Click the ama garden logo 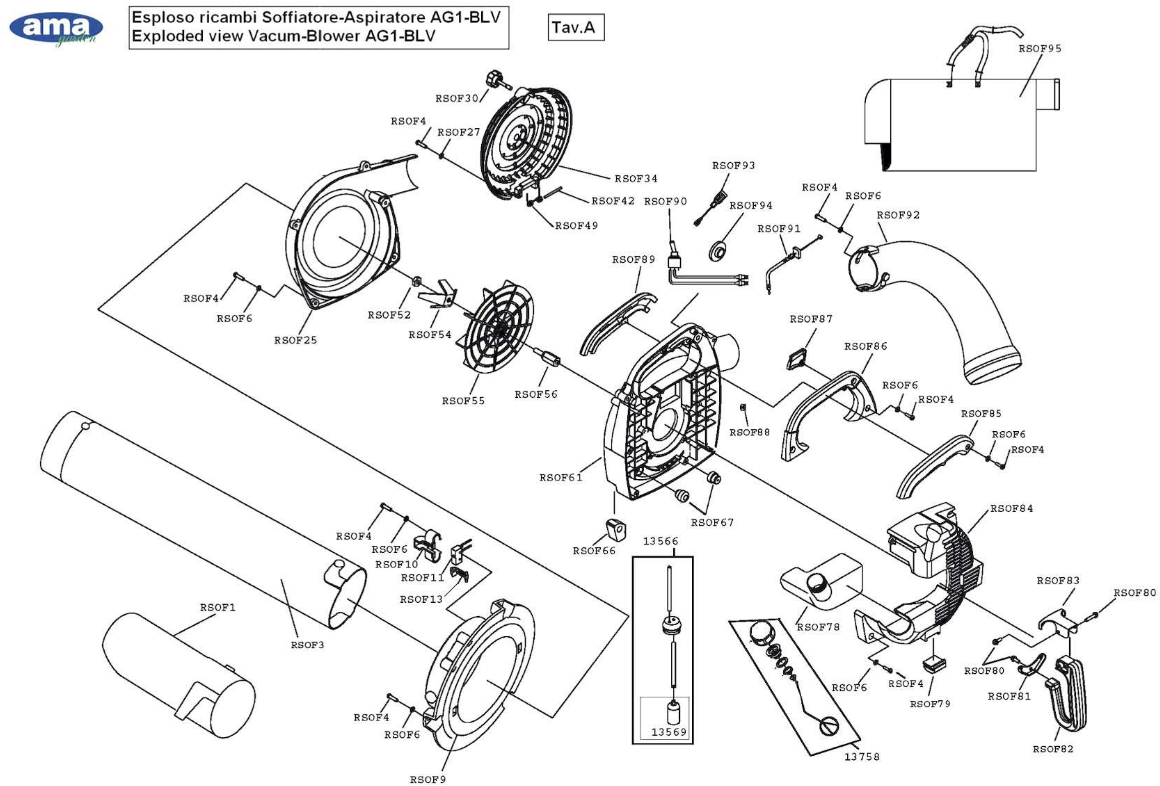[56, 29]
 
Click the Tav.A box [576, 27]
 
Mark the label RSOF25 [296, 340]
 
